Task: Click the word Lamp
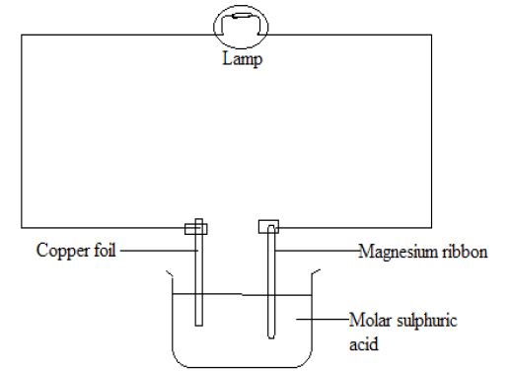click(x=243, y=59)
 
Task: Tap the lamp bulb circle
click(x=214, y=27)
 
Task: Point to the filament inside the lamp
click(x=241, y=16)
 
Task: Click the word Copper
click(x=62, y=252)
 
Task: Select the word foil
click(x=105, y=250)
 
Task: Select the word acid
click(x=363, y=344)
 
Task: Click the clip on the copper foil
click(x=196, y=229)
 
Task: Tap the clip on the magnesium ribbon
click(x=268, y=227)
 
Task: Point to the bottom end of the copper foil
click(x=198, y=326)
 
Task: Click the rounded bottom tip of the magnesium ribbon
click(x=271, y=337)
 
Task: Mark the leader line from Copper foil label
click(x=159, y=251)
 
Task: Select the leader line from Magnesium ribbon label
click(x=318, y=251)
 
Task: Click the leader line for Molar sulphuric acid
click(x=323, y=319)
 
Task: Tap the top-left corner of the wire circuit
click(x=22, y=35)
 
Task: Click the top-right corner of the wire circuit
click(x=431, y=35)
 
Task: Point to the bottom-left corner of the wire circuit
click(x=22, y=227)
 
